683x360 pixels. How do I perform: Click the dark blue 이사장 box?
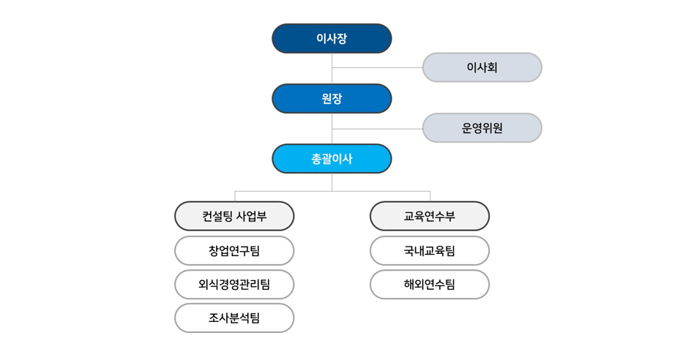332,38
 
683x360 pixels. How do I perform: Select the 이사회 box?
482,67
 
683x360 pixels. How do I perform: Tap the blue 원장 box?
332,98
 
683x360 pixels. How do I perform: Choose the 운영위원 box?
482,128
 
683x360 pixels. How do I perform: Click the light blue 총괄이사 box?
332,159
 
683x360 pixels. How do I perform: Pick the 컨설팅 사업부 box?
234,216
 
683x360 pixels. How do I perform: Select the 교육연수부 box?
430,216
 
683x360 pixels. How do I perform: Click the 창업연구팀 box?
234,251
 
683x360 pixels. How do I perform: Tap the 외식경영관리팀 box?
234,284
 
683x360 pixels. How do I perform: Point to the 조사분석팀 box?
234,318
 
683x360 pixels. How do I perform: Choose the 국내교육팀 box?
430,251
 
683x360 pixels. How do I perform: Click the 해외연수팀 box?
430,284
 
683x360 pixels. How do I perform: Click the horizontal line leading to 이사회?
377,67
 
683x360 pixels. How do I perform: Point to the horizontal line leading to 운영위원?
377,129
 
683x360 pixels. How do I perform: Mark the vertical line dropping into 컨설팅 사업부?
235,196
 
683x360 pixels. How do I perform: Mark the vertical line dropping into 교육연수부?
430,196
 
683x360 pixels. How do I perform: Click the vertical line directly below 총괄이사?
332,182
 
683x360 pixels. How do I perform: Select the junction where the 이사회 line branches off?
332,67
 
